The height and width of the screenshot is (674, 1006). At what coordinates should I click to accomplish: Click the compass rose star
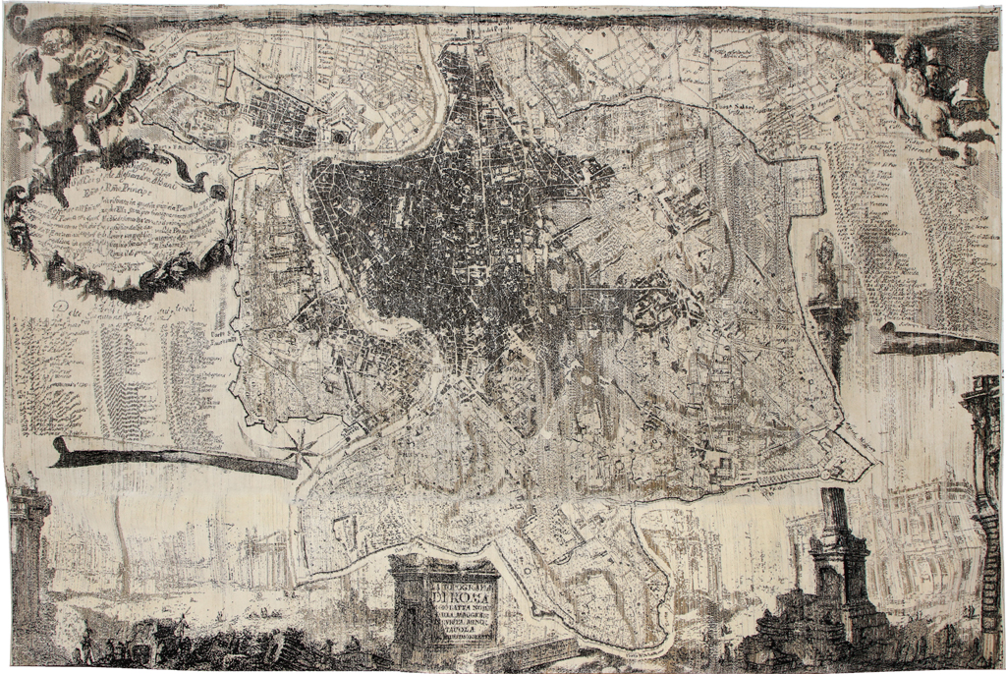coord(302,449)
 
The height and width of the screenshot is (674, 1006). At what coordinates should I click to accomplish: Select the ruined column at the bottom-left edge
coord(28,560)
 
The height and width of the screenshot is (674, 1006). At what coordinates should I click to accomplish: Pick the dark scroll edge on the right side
coord(933,339)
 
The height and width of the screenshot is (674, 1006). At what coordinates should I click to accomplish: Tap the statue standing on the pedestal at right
coord(825,265)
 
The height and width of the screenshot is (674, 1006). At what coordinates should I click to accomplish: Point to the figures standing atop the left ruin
coord(25,479)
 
